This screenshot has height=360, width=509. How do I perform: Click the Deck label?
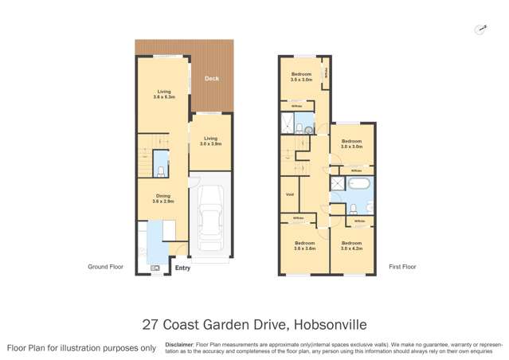click(x=211, y=79)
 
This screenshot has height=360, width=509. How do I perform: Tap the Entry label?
click(x=182, y=268)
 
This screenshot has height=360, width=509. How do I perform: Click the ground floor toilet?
click(x=160, y=170)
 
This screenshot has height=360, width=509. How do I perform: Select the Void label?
click(x=289, y=194)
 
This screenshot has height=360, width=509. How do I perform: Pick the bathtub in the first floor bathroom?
click(x=361, y=184)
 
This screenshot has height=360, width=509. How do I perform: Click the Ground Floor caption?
click(x=105, y=267)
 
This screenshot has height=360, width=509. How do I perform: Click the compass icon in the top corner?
click(x=480, y=29)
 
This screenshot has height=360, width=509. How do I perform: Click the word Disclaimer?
click(x=180, y=345)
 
